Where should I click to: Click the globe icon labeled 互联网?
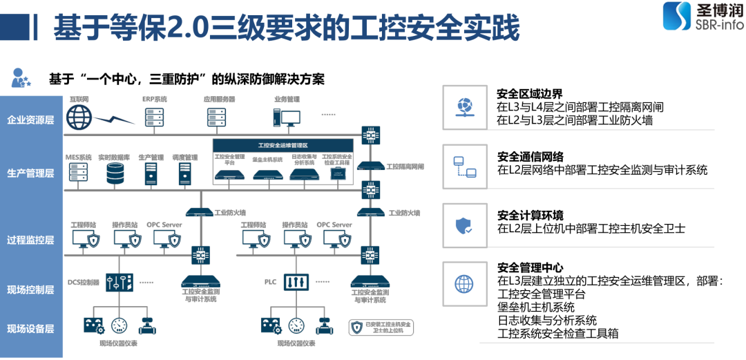pyautogui.click(x=80, y=117)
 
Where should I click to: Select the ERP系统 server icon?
pyautogui.click(x=154, y=117)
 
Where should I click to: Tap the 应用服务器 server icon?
pyautogui.click(x=219, y=117)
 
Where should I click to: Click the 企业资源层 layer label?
pyautogui.click(x=30, y=120)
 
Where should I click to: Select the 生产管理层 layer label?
pyautogui.click(x=30, y=173)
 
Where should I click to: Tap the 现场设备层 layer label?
pyautogui.click(x=30, y=328)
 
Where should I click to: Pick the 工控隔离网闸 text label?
pyautogui.click(x=405, y=167)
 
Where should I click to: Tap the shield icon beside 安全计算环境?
pyautogui.click(x=463, y=225)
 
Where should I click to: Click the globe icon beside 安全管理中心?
pyautogui.click(x=463, y=283)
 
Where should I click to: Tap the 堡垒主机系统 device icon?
pyautogui.click(x=267, y=174)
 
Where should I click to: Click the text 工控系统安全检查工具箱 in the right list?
pyautogui.click(x=557, y=333)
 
